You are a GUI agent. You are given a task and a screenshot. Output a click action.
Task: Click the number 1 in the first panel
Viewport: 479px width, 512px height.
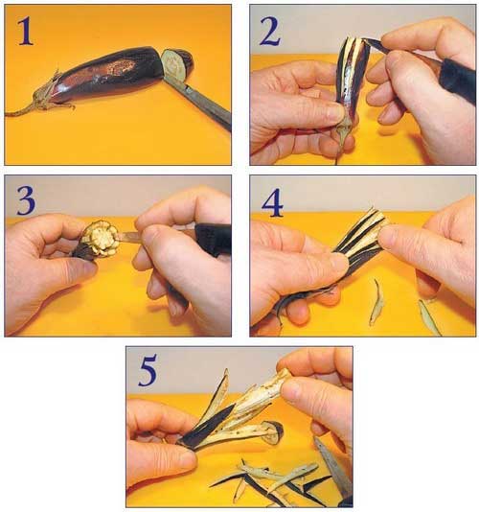coord(25,32)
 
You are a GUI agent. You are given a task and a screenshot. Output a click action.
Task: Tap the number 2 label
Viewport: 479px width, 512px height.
coord(269,32)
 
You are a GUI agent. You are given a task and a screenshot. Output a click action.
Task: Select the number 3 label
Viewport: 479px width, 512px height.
coord(26,200)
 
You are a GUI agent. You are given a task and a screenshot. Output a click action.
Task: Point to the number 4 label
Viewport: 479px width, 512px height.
coord(272,203)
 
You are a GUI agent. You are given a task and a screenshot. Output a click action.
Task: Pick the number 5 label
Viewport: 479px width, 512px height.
coord(148,370)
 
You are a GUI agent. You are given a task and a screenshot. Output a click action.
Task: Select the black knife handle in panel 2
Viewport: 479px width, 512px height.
coord(458,81)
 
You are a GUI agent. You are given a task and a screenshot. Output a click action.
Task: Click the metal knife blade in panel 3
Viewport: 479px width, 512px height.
coord(129,238)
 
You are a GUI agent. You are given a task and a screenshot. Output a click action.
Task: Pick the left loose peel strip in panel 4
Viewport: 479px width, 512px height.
coord(376,302)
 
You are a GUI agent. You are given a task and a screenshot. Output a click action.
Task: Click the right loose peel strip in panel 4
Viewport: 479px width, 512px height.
coord(429,316)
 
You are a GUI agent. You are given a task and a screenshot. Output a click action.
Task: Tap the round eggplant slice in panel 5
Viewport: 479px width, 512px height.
coord(273,432)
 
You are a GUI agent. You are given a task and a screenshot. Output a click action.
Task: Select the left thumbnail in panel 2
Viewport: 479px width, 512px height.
coord(335,112)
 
